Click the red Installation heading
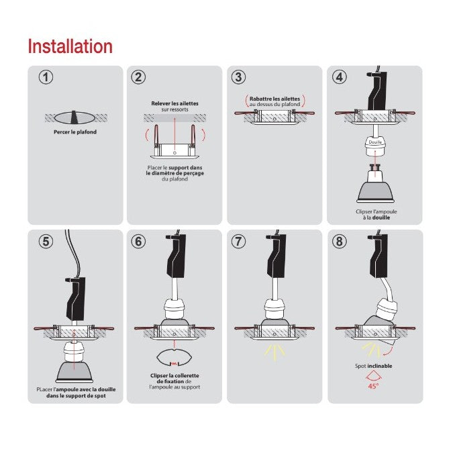click(x=70, y=46)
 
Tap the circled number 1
click(x=46, y=77)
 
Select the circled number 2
click(x=138, y=77)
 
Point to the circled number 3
click(x=239, y=77)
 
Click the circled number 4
click(x=340, y=77)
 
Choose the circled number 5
click(x=46, y=241)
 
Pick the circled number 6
click(x=138, y=241)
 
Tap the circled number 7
click(x=239, y=241)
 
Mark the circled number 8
click(x=340, y=241)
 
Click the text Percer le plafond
click(x=75, y=132)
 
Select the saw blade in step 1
click(x=74, y=117)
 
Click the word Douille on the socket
click(x=375, y=142)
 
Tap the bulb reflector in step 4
click(x=375, y=191)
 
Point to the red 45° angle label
click(x=373, y=386)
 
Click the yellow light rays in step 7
click(x=274, y=352)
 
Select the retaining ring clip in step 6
click(x=174, y=358)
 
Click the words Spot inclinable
click(x=374, y=366)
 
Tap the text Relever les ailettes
click(x=174, y=103)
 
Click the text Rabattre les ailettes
click(x=274, y=99)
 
